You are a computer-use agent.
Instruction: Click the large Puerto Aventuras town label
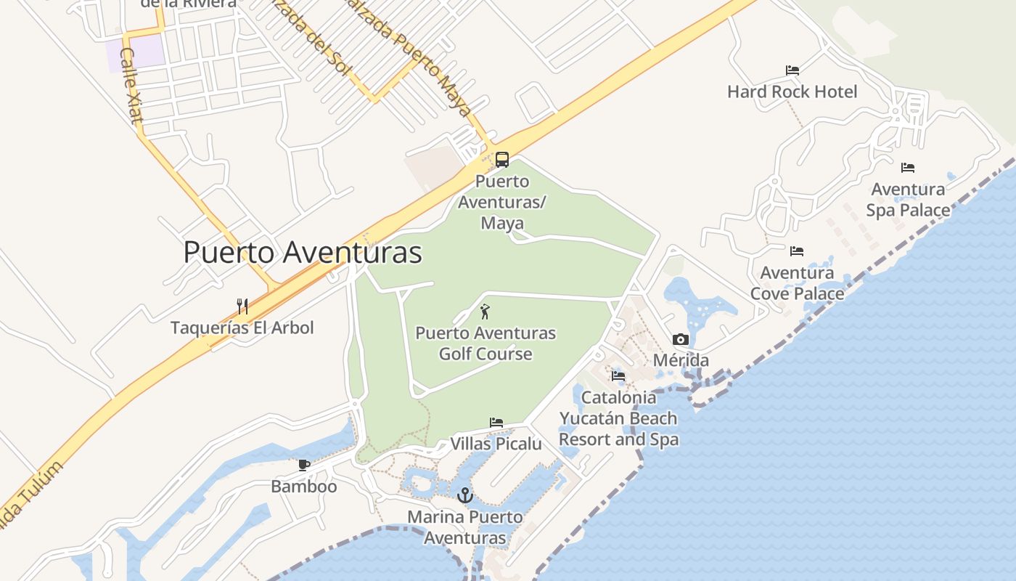point(302,253)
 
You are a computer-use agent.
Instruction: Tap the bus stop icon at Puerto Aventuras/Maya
point(501,160)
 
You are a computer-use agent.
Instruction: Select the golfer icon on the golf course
point(485,312)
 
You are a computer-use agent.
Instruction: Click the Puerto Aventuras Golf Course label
point(486,344)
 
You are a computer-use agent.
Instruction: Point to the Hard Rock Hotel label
point(792,92)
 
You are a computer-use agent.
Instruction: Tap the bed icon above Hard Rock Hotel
point(792,70)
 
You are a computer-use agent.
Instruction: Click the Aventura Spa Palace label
point(908,200)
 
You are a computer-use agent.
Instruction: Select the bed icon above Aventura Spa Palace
point(907,168)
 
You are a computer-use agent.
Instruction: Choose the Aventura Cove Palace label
point(797,283)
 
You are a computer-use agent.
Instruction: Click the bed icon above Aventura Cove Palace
point(797,251)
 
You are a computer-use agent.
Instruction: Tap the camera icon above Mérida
point(680,339)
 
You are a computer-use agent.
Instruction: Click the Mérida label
point(681,360)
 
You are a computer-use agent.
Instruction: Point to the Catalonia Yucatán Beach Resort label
point(618,418)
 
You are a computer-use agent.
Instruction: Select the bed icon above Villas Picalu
point(496,422)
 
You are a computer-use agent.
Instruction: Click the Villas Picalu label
point(496,443)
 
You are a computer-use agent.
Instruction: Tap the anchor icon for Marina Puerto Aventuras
point(465,495)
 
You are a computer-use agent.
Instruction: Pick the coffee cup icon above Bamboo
point(304,465)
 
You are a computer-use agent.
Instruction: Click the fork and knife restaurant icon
point(242,306)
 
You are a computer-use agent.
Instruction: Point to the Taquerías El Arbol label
point(242,328)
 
